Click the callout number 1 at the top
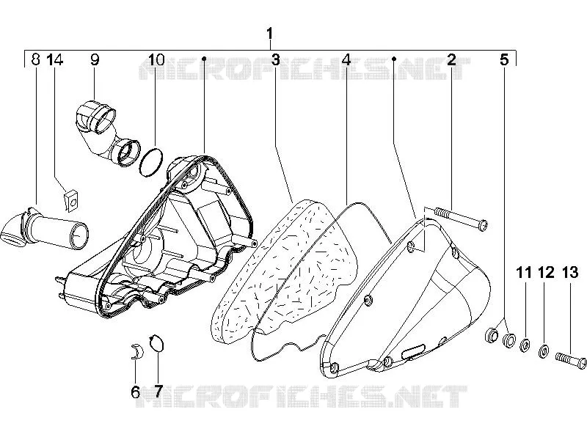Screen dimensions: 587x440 pyautogui.click(x=269, y=34)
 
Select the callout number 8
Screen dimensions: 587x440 pyautogui.click(x=35, y=59)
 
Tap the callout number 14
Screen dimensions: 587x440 pyautogui.click(x=54, y=59)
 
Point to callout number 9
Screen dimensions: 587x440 pyautogui.click(x=95, y=59)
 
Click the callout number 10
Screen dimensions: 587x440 pyautogui.click(x=156, y=59)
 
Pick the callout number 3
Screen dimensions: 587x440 pyautogui.click(x=276, y=59)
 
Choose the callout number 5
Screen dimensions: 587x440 pyautogui.click(x=504, y=59)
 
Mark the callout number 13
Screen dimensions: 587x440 pyautogui.click(x=570, y=272)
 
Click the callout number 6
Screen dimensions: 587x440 pyautogui.click(x=136, y=392)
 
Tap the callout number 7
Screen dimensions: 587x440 pyautogui.click(x=158, y=392)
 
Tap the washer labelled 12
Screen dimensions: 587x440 pyautogui.click(x=544, y=351)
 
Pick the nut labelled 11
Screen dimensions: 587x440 pyautogui.click(x=525, y=345)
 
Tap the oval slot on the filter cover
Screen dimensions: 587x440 pyautogui.click(x=412, y=351)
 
